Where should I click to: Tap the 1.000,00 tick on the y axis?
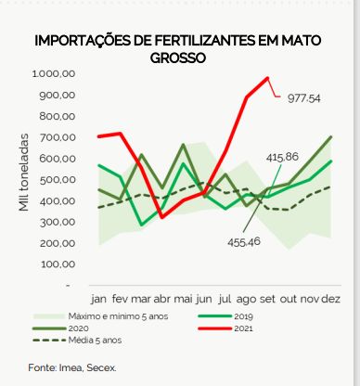pyautogui.click(x=52, y=73)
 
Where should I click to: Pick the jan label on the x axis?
pyautogui.click(x=98, y=300)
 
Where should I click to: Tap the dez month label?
pyautogui.click(x=331, y=300)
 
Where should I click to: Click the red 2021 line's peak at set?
pyautogui.click(x=267, y=78)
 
